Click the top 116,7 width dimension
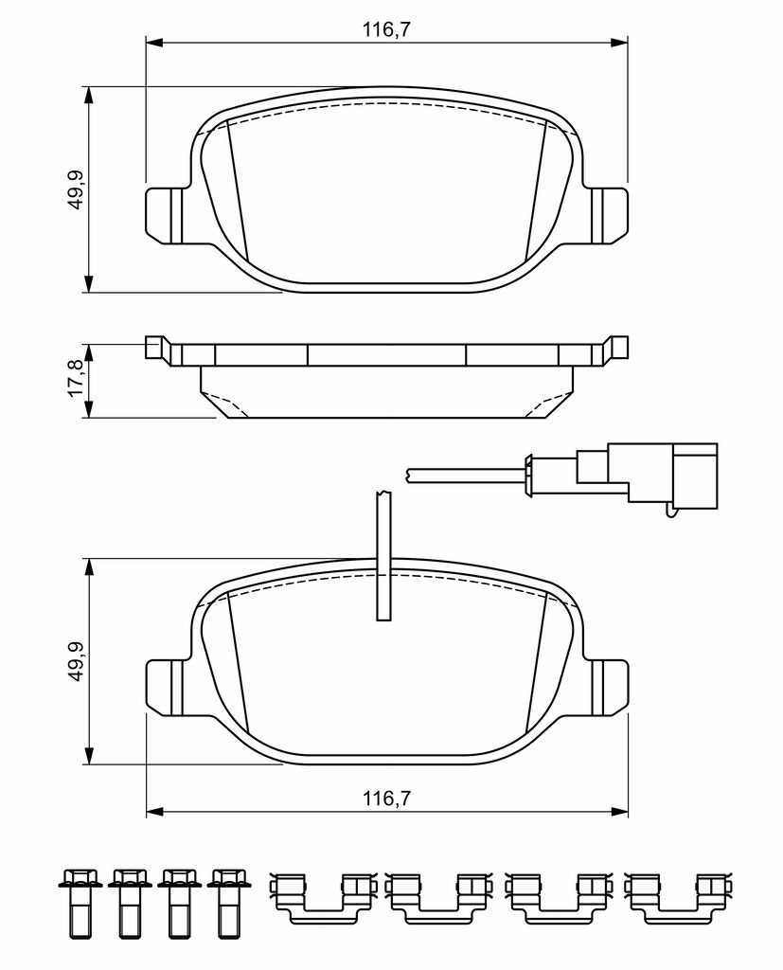coord(386,29)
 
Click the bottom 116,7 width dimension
coord(386,798)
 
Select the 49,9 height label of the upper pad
coord(76,189)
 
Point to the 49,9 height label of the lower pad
coord(76,661)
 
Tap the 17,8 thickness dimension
coord(76,380)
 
